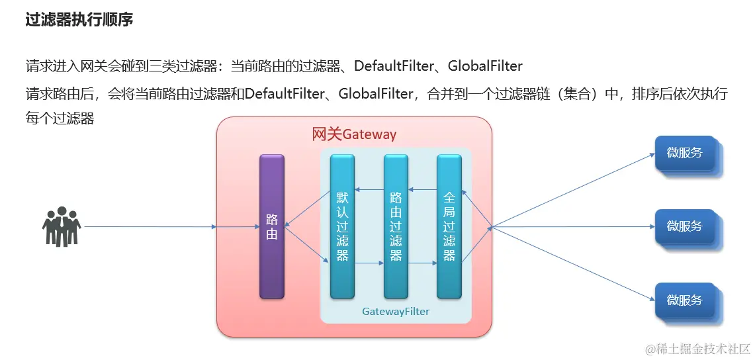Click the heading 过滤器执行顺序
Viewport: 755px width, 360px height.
click(79, 20)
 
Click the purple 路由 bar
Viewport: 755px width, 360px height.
click(271, 226)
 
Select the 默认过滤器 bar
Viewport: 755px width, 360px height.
click(342, 226)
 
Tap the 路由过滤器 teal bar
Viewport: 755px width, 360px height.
click(396, 226)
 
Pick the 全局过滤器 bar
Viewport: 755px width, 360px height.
click(449, 226)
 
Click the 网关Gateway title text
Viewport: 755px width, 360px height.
click(354, 134)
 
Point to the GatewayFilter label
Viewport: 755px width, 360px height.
click(396, 311)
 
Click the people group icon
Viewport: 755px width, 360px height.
click(62, 226)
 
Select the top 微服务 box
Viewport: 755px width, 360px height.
click(684, 153)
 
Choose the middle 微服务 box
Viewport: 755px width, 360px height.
click(684, 226)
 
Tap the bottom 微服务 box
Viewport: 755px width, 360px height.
click(684, 300)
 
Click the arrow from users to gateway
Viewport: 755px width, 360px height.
click(149, 227)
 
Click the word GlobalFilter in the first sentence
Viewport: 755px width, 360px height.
click(485, 66)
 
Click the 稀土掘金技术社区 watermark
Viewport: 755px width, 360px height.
click(698, 348)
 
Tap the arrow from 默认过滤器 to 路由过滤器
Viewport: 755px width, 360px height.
click(369, 263)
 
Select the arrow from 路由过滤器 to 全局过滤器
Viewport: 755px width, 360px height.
click(422, 263)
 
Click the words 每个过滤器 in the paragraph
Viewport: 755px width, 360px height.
click(60, 118)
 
